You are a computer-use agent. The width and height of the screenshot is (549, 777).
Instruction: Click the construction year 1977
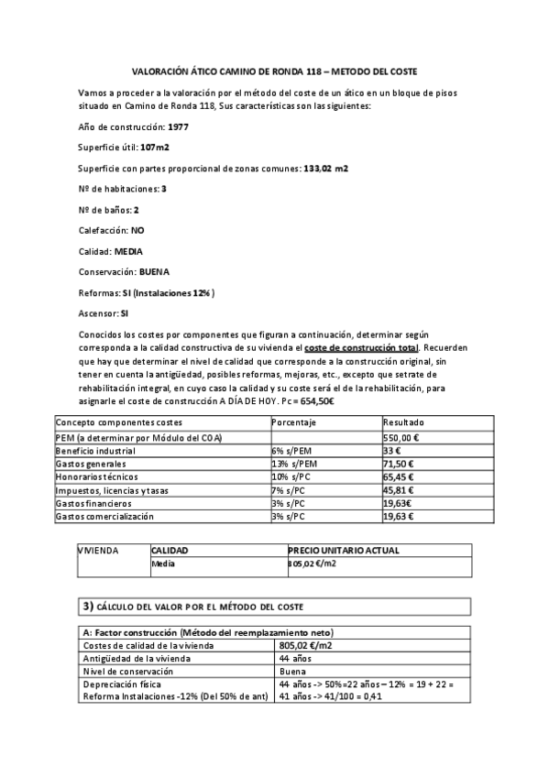click(x=179, y=126)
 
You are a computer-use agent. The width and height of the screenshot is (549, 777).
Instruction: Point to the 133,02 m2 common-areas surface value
click(x=325, y=168)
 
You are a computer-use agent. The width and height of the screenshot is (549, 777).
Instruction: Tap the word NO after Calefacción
click(x=137, y=230)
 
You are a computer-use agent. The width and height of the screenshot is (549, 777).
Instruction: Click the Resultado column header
click(x=403, y=422)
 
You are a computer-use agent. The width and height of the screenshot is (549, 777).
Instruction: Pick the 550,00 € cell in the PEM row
click(x=401, y=438)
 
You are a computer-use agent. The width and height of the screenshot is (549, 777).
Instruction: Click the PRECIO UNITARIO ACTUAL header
click(x=343, y=551)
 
